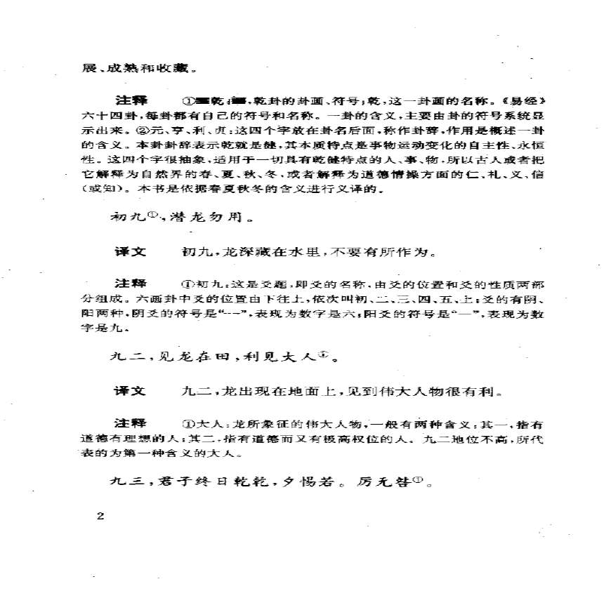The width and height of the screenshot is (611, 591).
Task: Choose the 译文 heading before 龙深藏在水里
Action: pyautogui.click(x=131, y=251)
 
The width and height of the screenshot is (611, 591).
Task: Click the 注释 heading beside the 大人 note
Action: pyautogui.click(x=131, y=423)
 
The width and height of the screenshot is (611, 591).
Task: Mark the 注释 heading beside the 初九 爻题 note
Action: pyautogui.click(x=131, y=284)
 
